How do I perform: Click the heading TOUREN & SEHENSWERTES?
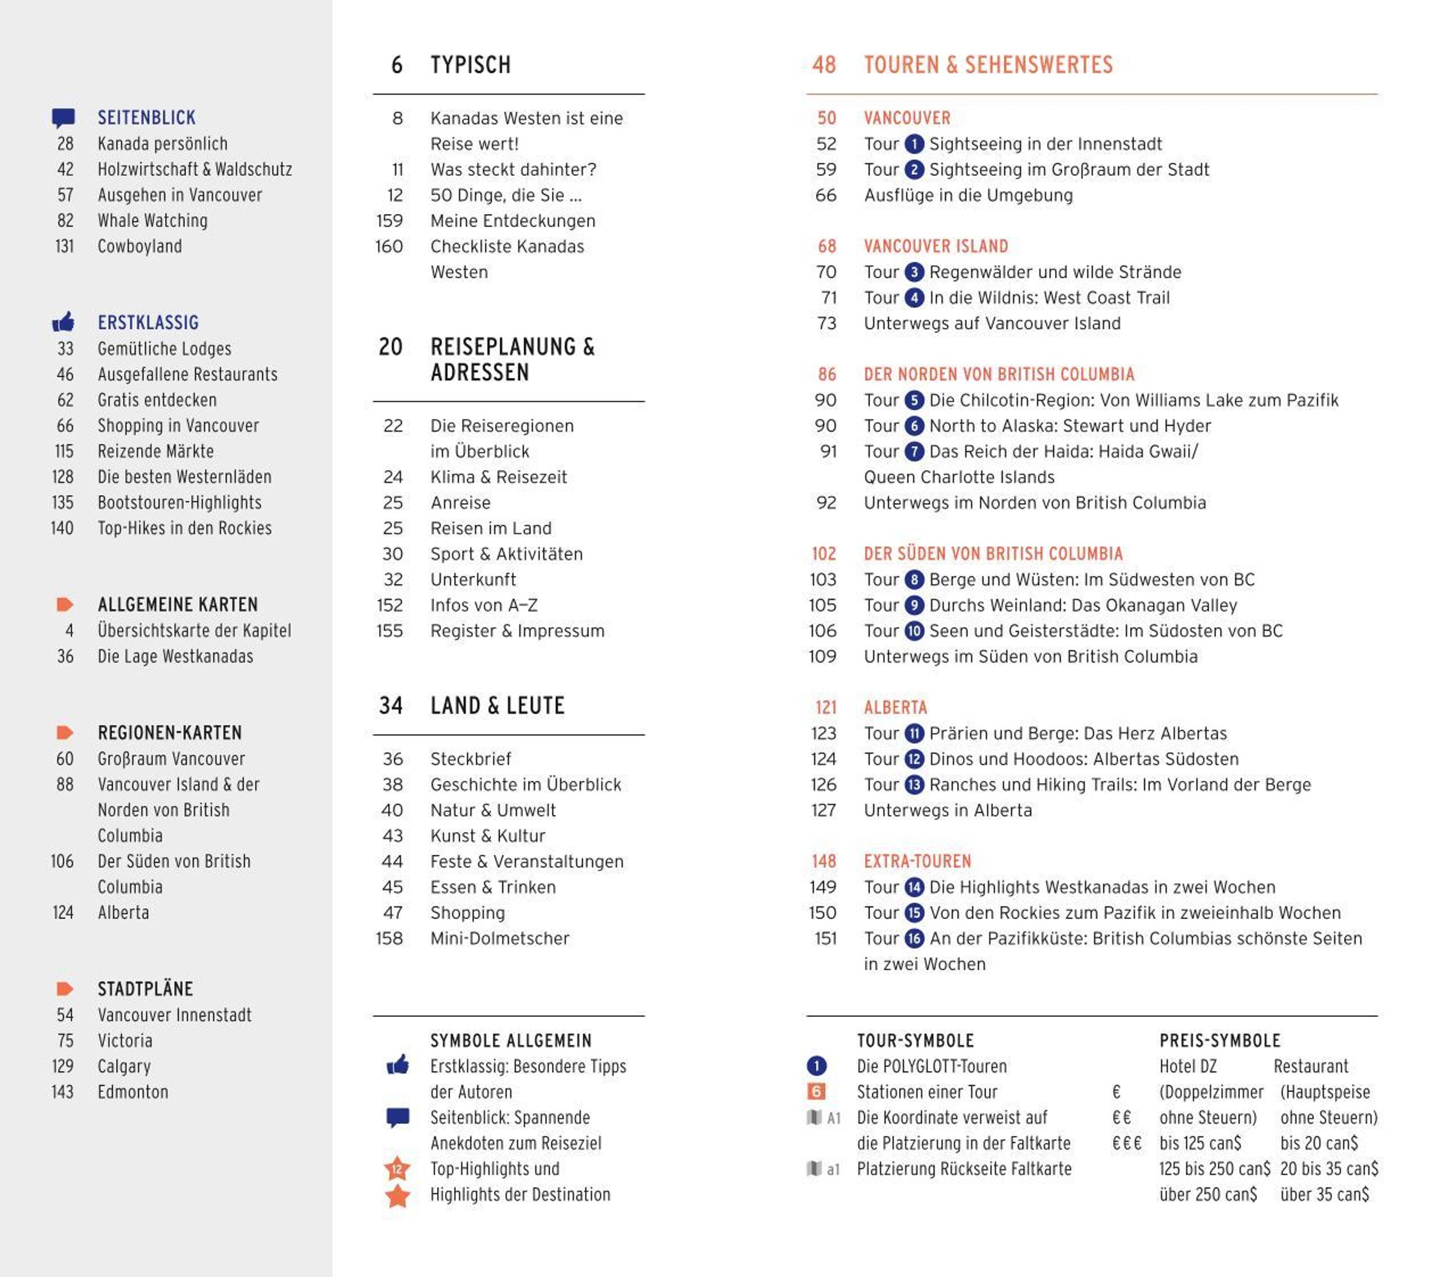tap(987, 65)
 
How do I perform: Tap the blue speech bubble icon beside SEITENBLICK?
tap(63, 118)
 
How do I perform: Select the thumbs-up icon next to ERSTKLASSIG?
tap(63, 322)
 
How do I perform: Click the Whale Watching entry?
tap(152, 221)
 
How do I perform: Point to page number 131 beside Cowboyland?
tap(65, 246)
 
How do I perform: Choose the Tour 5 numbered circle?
tap(914, 400)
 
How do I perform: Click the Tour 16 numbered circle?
tap(914, 938)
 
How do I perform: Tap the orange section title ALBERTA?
tap(895, 707)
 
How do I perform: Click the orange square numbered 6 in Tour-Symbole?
tap(816, 1092)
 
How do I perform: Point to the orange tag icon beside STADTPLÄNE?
tap(65, 989)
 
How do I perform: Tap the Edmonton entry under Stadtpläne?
tap(133, 1092)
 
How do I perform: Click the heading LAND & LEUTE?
tap(497, 706)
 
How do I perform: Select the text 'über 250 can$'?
tap(1207, 1195)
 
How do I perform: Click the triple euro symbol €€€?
tap(1126, 1143)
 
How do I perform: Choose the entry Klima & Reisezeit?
tap(498, 477)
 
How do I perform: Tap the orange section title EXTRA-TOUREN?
tap(917, 862)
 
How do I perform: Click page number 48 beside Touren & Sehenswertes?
tap(823, 65)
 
